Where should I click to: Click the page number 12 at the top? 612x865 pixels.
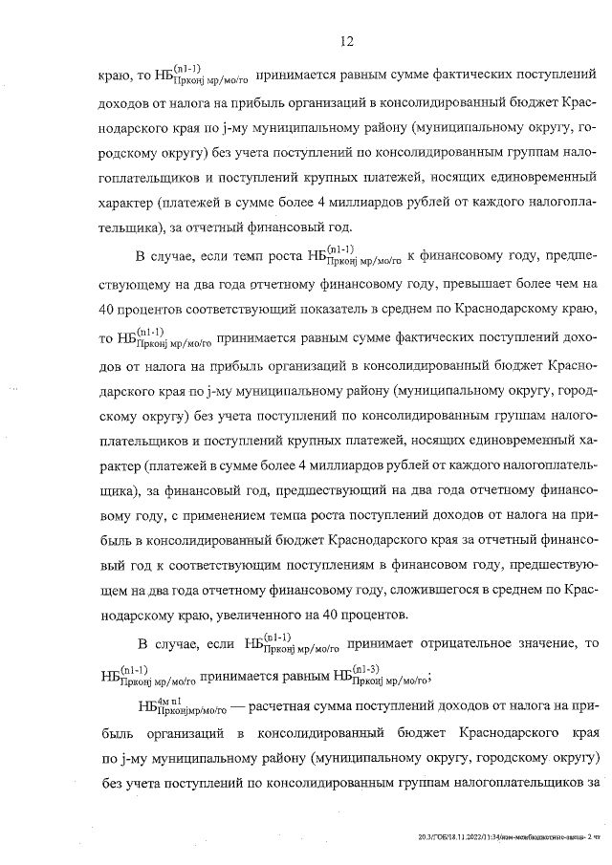[x=347, y=41]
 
